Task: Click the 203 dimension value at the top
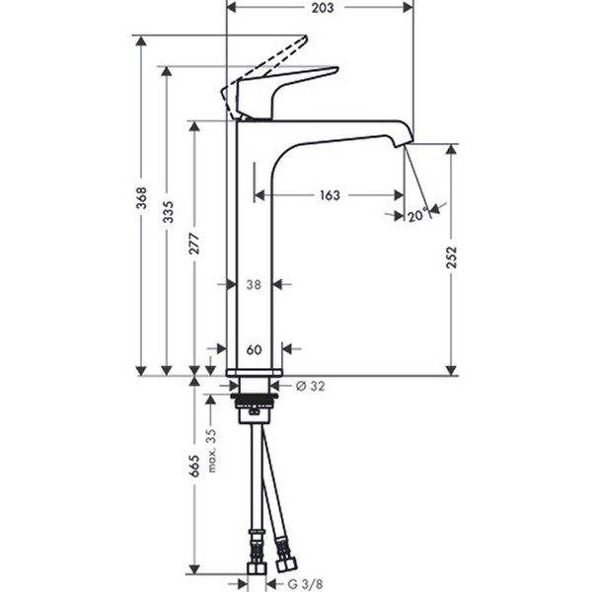click(323, 8)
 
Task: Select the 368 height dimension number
click(141, 198)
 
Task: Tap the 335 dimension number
click(168, 212)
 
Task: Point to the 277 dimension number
click(194, 244)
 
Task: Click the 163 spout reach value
click(330, 195)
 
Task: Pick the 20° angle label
click(418, 215)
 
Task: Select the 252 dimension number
click(452, 258)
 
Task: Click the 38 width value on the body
click(254, 284)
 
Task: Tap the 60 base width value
click(255, 349)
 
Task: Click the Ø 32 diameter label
click(311, 386)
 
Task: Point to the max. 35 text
click(212, 450)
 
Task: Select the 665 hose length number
click(194, 466)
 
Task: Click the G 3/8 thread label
click(306, 583)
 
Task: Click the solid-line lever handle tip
click(336, 69)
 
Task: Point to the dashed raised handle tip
click(304, 37)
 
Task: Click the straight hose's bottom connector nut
click(257, 568)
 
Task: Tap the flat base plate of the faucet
click(255, 372)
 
